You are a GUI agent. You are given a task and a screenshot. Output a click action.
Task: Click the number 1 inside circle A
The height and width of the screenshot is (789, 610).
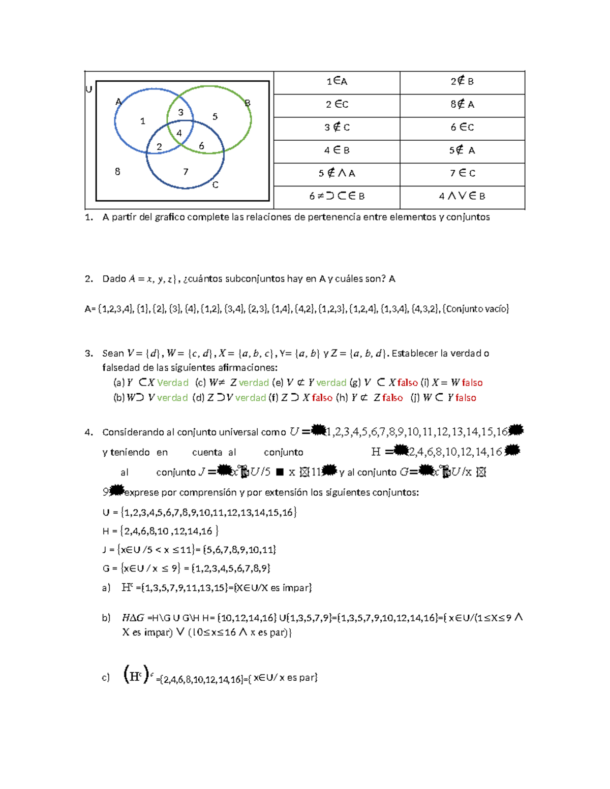(x=143, y=121)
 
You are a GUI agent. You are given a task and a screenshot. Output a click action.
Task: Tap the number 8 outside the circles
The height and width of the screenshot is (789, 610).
(x=117, y=172)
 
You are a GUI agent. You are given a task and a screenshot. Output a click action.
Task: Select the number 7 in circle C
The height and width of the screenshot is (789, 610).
(x=186, y=172)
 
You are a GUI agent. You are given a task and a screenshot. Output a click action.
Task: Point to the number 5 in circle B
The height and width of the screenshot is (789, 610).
(x=215, y=117)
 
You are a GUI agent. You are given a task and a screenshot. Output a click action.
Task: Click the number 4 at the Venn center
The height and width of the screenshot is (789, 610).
(x=179, y=133)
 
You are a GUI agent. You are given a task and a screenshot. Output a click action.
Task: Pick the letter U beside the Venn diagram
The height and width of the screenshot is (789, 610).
(x=89, y=89)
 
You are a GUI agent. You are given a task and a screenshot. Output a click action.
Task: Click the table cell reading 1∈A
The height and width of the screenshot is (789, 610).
(x=337, y=81)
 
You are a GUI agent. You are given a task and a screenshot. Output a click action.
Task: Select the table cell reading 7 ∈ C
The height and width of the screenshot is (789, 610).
(x=463, y=173)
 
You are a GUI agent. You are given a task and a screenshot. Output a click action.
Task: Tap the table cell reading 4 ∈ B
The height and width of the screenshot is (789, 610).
(x=337, y=150)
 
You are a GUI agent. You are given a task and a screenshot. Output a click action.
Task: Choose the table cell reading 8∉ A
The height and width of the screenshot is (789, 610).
(x=463, y=105)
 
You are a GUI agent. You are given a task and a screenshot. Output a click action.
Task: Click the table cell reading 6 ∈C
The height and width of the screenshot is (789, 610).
(x=463, y=128)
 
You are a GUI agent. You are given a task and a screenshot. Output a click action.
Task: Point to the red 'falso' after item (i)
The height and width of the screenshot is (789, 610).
(x=472, y=383)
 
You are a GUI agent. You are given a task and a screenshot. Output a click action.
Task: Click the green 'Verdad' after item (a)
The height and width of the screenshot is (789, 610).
(x=173, y=383)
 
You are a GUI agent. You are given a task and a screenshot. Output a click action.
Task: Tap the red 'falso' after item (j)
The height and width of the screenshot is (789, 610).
(x=466, y=398)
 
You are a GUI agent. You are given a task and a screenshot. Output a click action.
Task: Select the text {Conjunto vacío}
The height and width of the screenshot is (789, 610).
(x=476, y=308)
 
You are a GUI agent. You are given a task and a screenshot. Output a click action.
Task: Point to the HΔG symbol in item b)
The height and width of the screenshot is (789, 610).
(x=133, y=618)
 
